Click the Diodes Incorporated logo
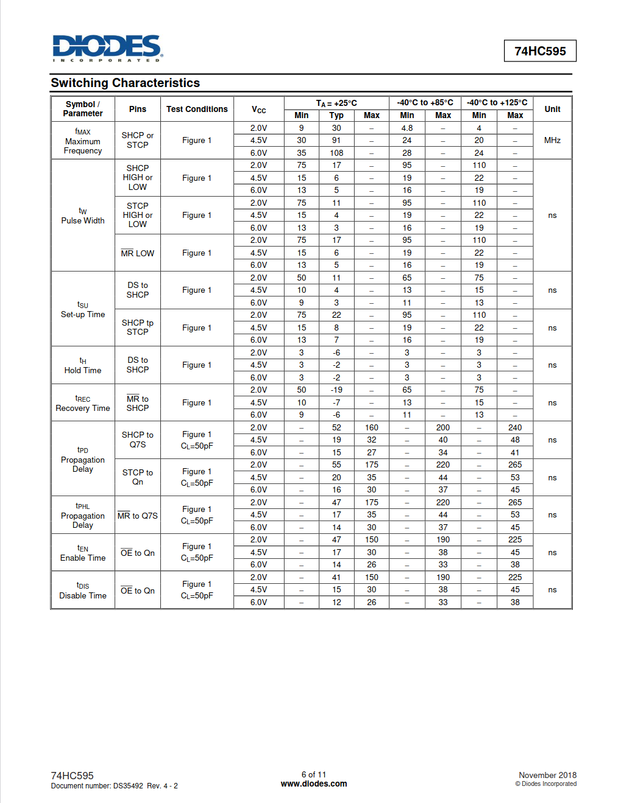coord(107,47)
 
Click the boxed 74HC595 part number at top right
coord(540,51)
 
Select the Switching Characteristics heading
coord(126,83)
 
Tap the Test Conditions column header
coord(197,109)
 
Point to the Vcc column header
coord(259,110)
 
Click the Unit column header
coord(552,109)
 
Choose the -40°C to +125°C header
coord(497,102)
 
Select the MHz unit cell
coord(552,140)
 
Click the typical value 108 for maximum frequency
coord(336,153)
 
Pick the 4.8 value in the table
coord(407,128)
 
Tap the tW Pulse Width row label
coord(83,216)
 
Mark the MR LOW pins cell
coord(138,253)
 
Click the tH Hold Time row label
coord(83,365)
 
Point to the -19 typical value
coord(336,390)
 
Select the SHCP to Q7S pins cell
coord(138,440)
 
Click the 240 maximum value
coord(515,427)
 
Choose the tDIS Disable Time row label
coord(83,591)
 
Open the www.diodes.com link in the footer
coord(314,784)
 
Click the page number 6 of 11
coord(314,775)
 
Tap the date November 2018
coord(547,775)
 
